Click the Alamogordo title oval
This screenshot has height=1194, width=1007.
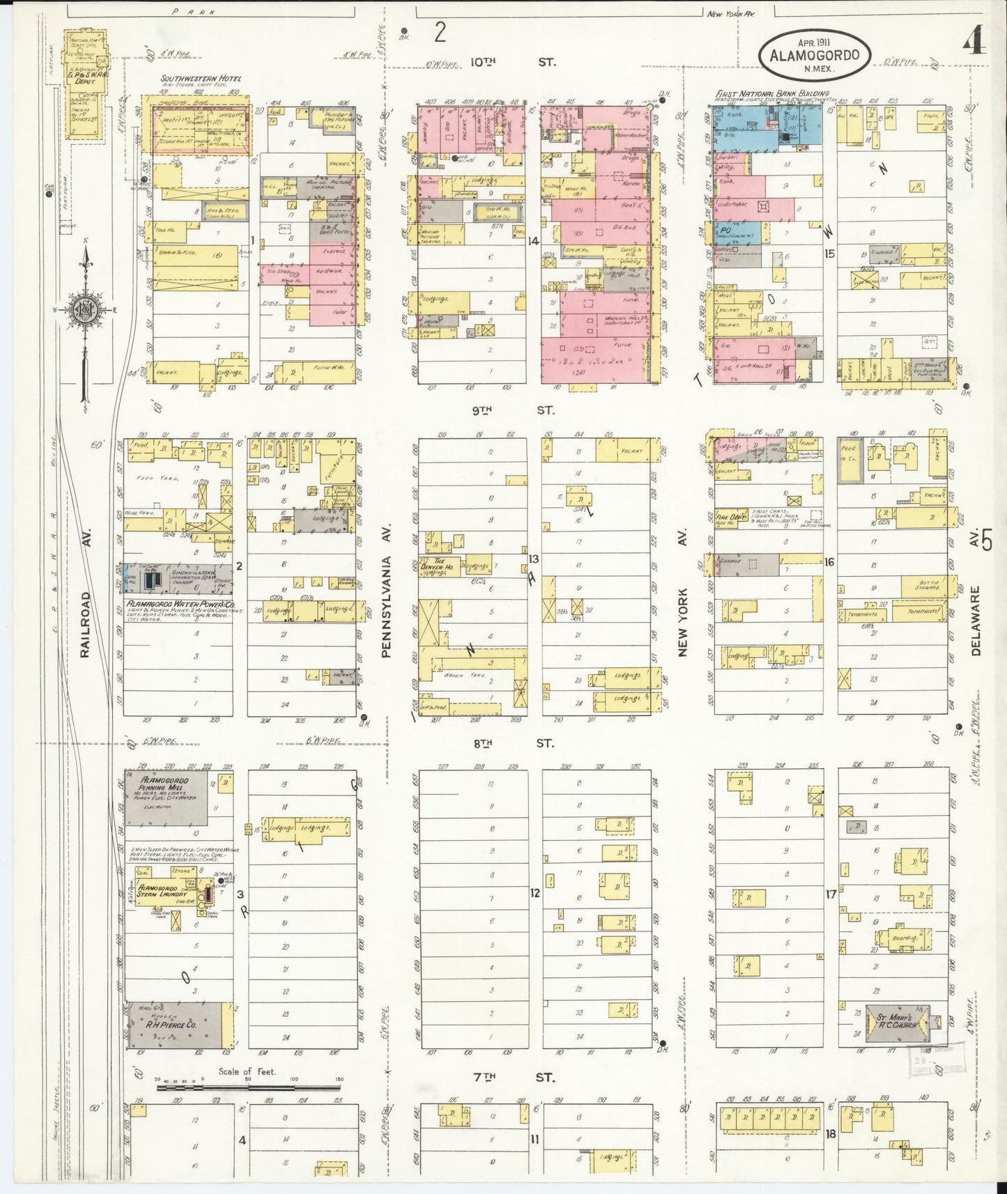pos(814,55)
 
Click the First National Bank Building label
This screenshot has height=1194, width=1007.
pos(772,93)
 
